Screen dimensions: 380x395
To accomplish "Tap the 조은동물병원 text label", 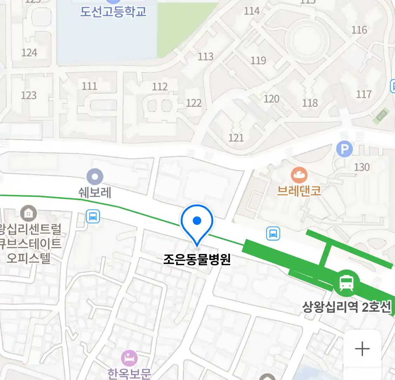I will (x=197, y=259).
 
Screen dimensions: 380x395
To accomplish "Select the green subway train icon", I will (x=347, y=283).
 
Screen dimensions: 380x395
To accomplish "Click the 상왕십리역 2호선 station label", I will (x=347, y=307).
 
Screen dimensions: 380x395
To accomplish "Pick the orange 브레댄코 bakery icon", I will (x=299, y=175).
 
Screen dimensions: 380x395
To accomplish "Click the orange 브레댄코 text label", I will (x=299, y=191).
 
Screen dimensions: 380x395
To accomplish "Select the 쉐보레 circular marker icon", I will (x=95, y=176).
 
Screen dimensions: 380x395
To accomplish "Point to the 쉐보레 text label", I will (x=95, y=192).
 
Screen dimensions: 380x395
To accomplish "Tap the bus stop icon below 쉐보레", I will (x=93, y=216).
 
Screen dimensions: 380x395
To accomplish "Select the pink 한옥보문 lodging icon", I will (x=129, y=358).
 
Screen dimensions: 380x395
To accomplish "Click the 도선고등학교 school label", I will (x=113, y=11).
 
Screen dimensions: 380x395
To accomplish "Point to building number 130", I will (x=362, y=167).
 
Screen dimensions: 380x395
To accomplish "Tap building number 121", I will (x=236, y=138).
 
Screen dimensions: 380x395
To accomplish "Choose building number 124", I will (x=29, y=53).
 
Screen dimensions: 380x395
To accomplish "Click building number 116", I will (x=359, y=30).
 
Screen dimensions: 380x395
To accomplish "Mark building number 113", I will (x=206, y=56).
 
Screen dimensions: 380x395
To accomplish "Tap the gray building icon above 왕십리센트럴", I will (x=28, y=213).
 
